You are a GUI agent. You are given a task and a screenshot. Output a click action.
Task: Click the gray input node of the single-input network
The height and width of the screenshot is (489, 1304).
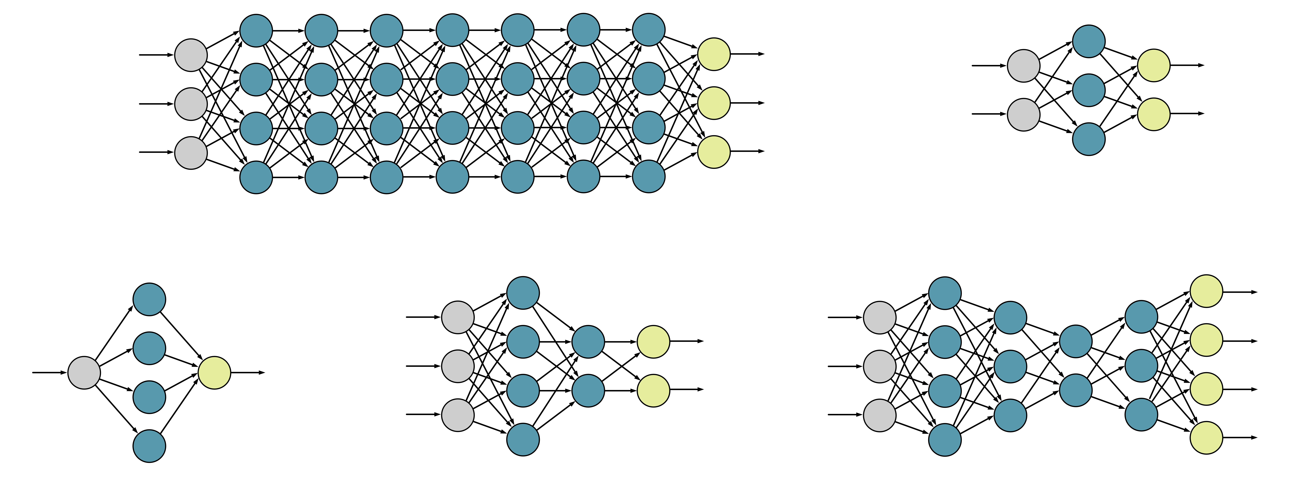(x=84, y=373)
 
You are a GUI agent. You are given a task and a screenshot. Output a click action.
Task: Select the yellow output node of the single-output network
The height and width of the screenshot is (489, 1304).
(x=214, y=373)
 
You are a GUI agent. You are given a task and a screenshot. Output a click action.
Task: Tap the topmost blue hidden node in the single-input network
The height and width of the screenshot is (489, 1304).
(x=149, y=299)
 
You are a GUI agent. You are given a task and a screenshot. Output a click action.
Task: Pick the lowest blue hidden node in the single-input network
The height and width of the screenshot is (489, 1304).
(x=149, y=446)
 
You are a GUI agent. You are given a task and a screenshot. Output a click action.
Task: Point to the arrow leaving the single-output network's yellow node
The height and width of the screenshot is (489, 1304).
(x=248, y=373)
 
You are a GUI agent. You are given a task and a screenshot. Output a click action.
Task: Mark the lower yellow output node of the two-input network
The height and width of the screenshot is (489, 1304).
(x=1154, y=114)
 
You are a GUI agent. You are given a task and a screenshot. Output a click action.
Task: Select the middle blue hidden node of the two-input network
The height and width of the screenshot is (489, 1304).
(x=1088, y=90)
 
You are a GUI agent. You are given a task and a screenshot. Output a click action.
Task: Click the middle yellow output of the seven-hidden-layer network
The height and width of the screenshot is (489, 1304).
(x=714, y=103)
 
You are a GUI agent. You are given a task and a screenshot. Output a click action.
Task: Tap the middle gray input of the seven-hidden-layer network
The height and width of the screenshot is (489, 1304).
(x=191, y=104)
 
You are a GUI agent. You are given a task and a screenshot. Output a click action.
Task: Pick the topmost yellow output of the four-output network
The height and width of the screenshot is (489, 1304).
(x=1206, y=291)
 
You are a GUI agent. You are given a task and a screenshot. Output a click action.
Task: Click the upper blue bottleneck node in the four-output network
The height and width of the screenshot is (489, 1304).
(x=1076, y=341)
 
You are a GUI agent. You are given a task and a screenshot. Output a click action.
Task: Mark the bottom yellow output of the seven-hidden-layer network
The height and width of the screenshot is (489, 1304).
(x=714, y=151)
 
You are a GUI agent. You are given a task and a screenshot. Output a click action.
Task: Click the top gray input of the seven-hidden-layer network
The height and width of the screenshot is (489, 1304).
(x=191, y=55)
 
